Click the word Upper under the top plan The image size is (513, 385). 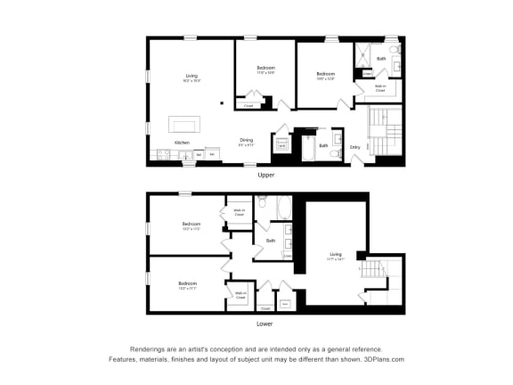[x=265, y=175]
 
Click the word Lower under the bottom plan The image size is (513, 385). [x=265, y=324]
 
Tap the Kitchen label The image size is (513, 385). [x=182, y=143]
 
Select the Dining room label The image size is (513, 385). [x=247, y=140]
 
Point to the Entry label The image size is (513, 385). [x=354, y=146]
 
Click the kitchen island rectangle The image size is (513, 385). [x=184, y=125]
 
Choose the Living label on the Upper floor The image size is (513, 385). [x=191, y=77]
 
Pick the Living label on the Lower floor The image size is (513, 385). [x=336, y=254]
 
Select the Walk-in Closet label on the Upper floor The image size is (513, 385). [x=379, y=88]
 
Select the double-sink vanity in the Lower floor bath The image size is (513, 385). [x=288, y=246]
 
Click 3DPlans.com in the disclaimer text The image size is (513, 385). [x=382, y=359]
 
